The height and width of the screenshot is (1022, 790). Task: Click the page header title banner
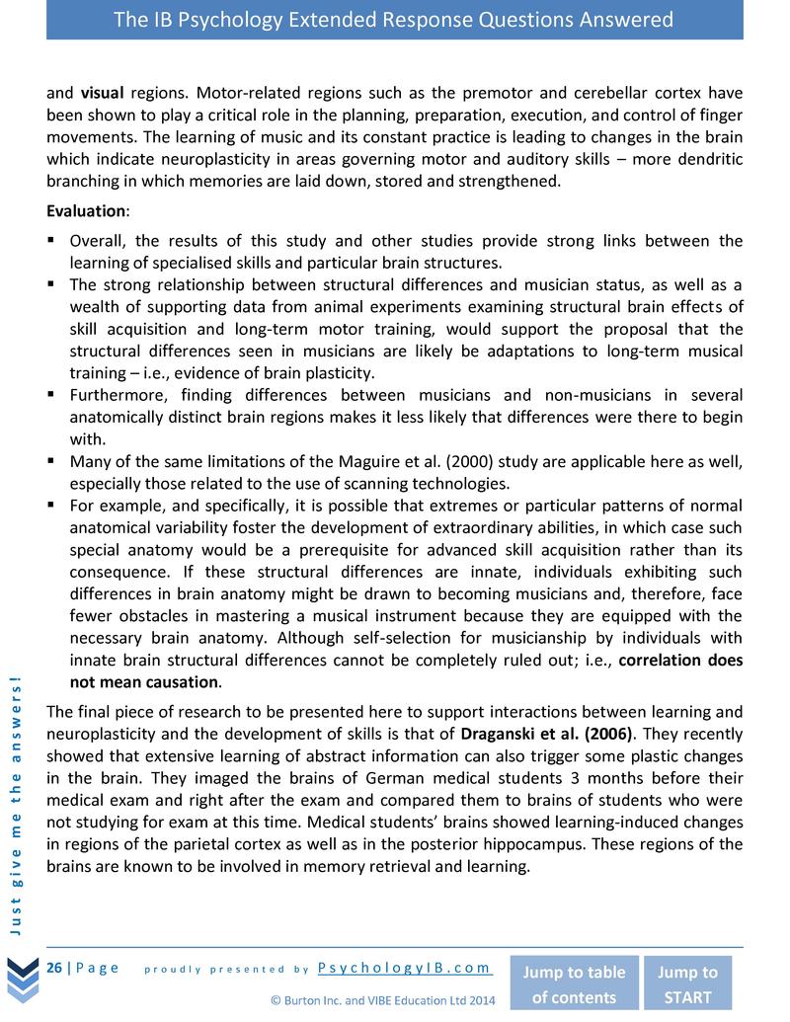pos(394,20)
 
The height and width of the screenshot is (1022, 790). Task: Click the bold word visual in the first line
pos(101,94)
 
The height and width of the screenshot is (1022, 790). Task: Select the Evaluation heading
pos(87,211)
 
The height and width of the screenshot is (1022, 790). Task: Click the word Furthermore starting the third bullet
pos(118,395)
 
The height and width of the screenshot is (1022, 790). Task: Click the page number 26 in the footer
pos(54,967)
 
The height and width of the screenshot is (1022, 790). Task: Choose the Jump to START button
pos(687,983)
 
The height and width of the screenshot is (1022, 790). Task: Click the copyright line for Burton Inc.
pos(383,999)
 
